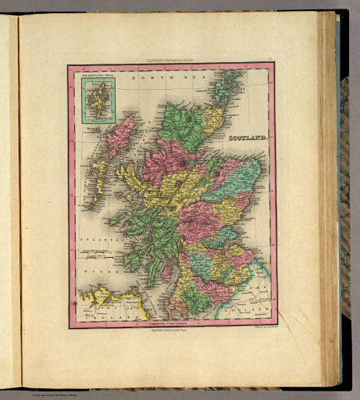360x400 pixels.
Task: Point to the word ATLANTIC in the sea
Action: pos(99,243)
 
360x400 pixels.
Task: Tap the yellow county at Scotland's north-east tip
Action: pos(212,119)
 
